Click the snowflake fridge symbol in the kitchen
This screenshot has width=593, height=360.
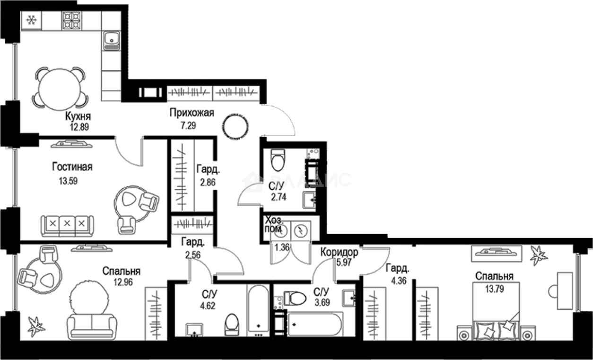(32, 20)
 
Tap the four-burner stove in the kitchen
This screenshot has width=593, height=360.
(72, 20)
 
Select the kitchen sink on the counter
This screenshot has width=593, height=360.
(112, 40)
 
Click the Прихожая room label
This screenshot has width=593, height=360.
(192, 113)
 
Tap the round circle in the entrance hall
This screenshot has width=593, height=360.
(235, 126)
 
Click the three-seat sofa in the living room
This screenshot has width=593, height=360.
(67, 225)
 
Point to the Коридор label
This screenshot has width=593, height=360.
(339, 252)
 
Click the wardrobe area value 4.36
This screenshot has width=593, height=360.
(397, 279)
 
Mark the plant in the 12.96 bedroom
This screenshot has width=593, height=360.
(36, 326)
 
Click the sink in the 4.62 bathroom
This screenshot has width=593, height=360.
(194, 329)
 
